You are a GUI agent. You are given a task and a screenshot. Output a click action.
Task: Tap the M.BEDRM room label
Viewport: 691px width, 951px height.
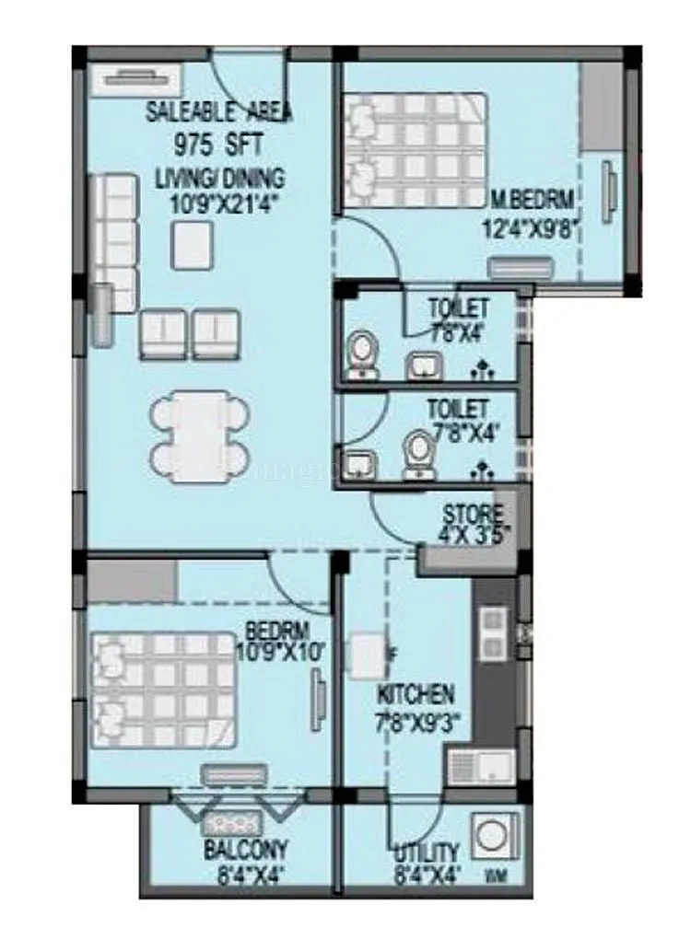(532, 197)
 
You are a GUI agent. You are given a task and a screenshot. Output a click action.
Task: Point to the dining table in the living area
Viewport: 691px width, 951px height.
(201, 436)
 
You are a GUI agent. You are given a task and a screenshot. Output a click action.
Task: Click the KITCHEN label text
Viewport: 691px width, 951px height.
(414, 693)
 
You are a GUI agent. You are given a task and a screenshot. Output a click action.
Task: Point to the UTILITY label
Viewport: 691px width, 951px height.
(424, 852)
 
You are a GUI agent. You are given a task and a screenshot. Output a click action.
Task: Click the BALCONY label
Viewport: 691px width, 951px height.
(245, 849)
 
